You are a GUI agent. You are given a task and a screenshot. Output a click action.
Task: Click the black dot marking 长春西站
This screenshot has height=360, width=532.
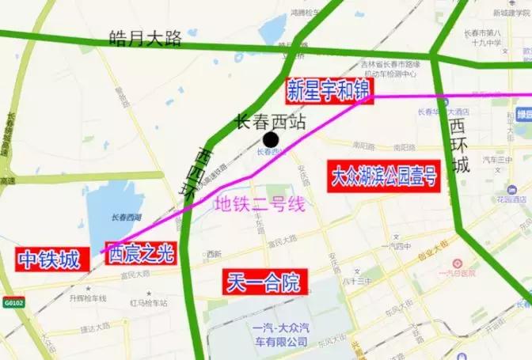271,139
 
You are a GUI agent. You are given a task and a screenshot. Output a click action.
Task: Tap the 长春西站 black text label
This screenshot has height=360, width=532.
271,122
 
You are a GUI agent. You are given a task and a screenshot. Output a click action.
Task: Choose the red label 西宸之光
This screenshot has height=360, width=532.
139,253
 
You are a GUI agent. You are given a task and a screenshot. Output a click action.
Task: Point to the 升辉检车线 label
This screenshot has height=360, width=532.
87,298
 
